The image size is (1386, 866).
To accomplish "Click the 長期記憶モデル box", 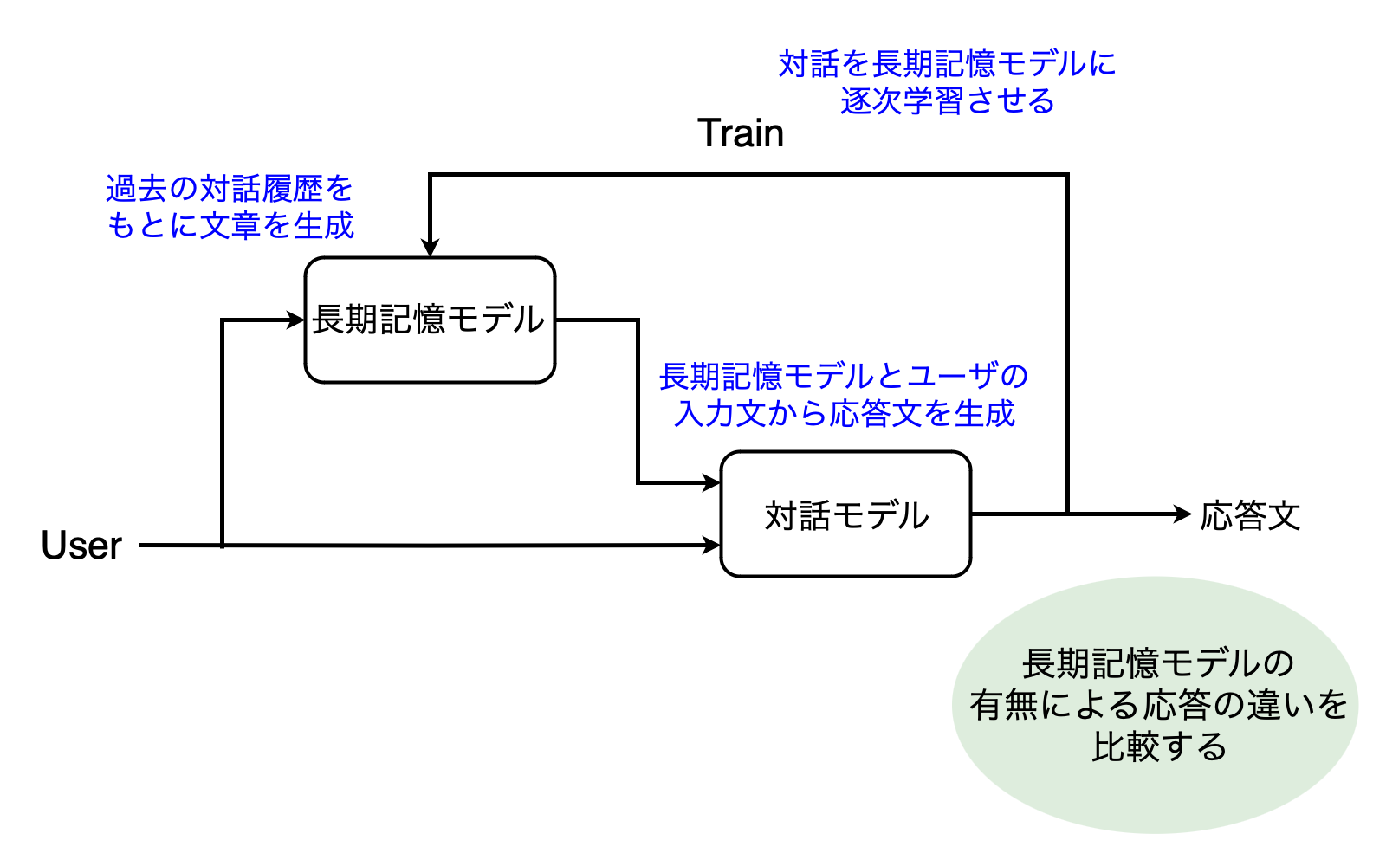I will tap(430, 320).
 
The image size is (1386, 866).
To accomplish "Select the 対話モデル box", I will tap(845, 514).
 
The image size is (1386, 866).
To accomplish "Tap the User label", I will tap(81, 546).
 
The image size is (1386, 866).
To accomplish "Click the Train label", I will tap(741, 133).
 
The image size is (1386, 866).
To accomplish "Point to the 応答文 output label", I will tap(1250, 516).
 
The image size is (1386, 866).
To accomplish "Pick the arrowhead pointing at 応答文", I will tap(1183, 514).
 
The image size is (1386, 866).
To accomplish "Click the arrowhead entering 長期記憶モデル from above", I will tap(430, 248).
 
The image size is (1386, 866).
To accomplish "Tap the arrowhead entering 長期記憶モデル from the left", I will tap(296, 320).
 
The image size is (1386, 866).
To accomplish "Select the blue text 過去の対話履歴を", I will tap(230, 188).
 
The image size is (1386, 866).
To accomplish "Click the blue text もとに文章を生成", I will tap(230, 225).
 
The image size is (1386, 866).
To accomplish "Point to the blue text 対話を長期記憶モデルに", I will tap(947, 64).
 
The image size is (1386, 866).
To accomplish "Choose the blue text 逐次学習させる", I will tap(948, 101).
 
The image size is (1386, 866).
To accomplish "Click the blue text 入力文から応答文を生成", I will tap(845, 414).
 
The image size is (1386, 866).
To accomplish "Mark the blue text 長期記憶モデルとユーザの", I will tap(844, 377).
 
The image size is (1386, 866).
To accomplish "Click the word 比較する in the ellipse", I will tap(1159, 746).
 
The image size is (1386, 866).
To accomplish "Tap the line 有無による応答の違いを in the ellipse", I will tap(1159, 705).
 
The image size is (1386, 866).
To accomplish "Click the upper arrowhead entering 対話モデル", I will tap(712, 483).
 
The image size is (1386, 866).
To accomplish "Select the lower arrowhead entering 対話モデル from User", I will tap(712, 546).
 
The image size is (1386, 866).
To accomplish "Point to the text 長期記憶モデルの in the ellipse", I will tap(1158, 664).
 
